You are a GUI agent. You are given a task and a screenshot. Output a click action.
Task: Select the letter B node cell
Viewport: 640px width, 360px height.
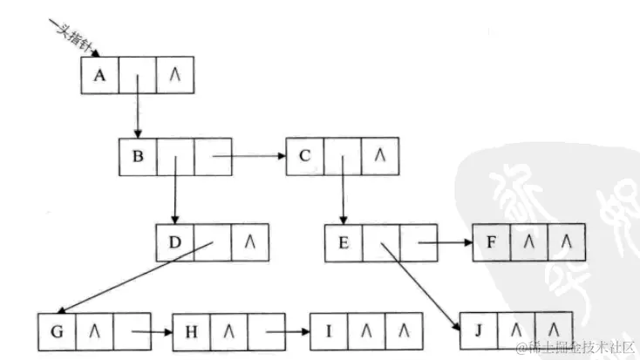[x=138, y=158]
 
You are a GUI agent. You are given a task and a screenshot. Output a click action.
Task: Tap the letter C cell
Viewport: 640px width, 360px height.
[x=304, y=157]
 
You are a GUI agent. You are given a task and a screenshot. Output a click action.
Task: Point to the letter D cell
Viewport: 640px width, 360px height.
[x=174, y=241]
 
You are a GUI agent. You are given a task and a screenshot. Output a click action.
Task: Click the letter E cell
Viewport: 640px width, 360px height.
[x=343, y=242]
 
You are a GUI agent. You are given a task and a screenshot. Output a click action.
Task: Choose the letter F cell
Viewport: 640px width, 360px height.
[x=491, y=242]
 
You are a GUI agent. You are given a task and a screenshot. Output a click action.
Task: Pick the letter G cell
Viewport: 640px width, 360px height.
[x=58, y=331]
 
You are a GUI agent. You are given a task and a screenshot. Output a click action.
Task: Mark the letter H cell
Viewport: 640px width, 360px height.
[x=191, y=331]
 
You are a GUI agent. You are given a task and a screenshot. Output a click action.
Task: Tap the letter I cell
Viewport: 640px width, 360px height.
[x=329, y=331]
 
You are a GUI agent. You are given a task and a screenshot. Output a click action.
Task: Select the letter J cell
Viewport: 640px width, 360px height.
[x=478, y=331]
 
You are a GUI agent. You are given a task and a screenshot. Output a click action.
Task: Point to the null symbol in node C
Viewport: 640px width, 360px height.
[x=378, y=157]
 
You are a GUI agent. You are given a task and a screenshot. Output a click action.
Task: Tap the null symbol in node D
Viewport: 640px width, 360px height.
[x=249, y=241]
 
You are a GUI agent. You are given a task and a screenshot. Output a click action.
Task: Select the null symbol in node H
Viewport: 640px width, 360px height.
[x=228, y=331]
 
